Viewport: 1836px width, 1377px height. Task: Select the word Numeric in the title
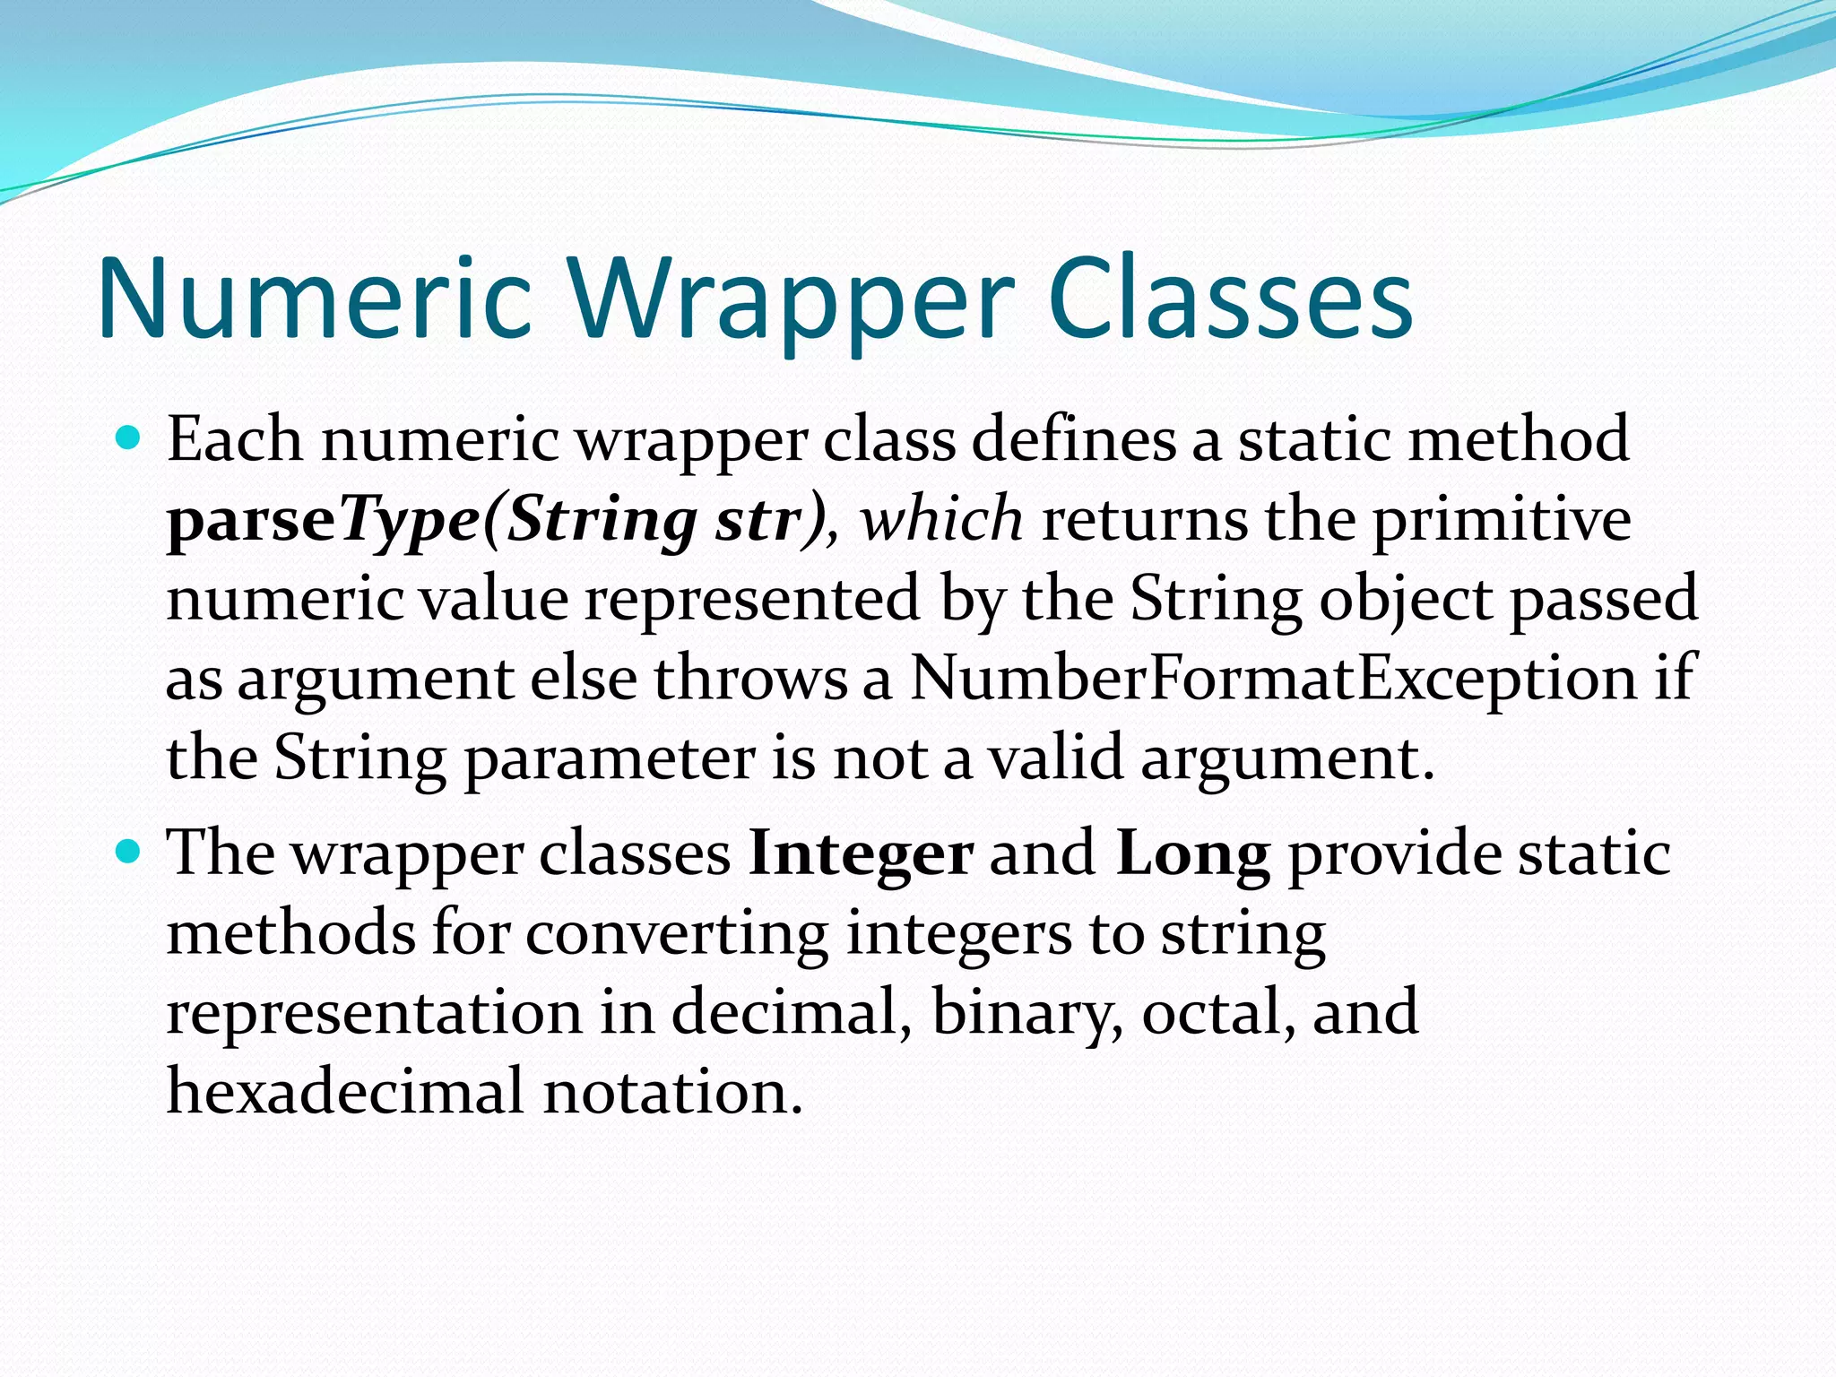[316, 299]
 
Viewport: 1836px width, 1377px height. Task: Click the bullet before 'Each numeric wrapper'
[129, 438]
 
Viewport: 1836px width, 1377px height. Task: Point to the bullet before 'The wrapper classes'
[129, 851]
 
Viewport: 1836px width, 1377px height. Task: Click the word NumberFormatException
[1274, 677]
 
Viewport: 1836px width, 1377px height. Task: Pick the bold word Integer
[861, 853]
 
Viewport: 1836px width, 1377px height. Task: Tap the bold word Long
[1192, 853]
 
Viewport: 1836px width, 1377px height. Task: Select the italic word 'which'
[941, 519]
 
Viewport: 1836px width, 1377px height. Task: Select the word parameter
[610, 758]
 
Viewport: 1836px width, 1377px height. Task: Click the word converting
[677, 933]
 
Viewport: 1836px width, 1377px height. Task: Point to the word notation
[672, 1091]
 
